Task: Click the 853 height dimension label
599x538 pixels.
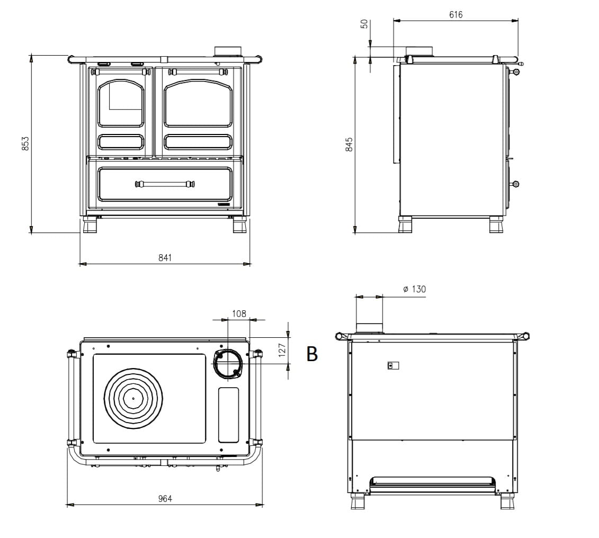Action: [x=25, y=144]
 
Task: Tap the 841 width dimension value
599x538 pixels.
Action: [x=165, y=258]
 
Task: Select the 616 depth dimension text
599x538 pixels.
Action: [x=455, y=15]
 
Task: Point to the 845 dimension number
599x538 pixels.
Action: [x=349, y=145]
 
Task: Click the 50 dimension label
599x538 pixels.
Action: [x=364, y=25]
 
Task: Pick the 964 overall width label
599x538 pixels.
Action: [x=165, y=499]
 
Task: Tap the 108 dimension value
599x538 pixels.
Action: [x=239, y=313]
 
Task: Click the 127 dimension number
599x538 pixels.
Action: [x=282, y=349]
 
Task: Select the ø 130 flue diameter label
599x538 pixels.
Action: [x=414, y=289]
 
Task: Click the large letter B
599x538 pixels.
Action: [x=312, y=354]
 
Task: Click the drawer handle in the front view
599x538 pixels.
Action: [x=165, y=184]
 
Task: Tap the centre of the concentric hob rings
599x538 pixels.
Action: [x=133, y=398]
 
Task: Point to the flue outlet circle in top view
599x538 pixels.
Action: [x=228, y=364]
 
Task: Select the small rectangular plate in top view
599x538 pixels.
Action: [x=229, y=415]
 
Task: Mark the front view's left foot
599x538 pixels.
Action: [x=90, y=226]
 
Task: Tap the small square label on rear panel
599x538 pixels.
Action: [x=392, y=365]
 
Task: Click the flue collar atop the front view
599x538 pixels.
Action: [x=228, y=51]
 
